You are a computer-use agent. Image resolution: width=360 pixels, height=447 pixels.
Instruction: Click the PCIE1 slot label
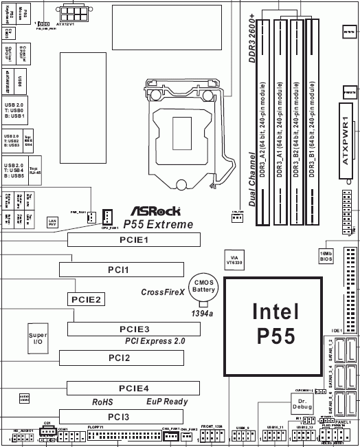(x=133, y=240)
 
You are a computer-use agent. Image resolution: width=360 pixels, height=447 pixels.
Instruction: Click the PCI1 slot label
(x=119, y=270)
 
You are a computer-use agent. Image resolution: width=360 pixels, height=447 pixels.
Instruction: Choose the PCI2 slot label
(x=119, y=358)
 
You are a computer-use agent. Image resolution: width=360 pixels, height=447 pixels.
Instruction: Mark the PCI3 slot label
(x=119, y=417)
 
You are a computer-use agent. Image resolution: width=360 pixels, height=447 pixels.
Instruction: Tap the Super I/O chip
(x=38, y=338)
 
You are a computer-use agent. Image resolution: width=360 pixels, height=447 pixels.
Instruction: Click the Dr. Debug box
(x=302, y=404)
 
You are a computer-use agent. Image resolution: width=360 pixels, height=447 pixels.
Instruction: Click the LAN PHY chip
(x=52, y=222)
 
